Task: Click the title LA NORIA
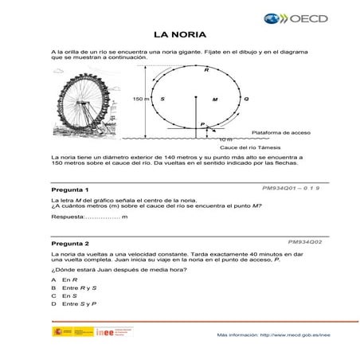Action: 180,34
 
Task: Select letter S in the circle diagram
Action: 162,99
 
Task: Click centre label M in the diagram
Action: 214,100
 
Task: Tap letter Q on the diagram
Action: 246,99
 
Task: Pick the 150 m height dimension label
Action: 140,99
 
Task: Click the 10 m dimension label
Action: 226,139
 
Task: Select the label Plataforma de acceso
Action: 280,131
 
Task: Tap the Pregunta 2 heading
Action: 69,243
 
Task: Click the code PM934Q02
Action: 304,239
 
